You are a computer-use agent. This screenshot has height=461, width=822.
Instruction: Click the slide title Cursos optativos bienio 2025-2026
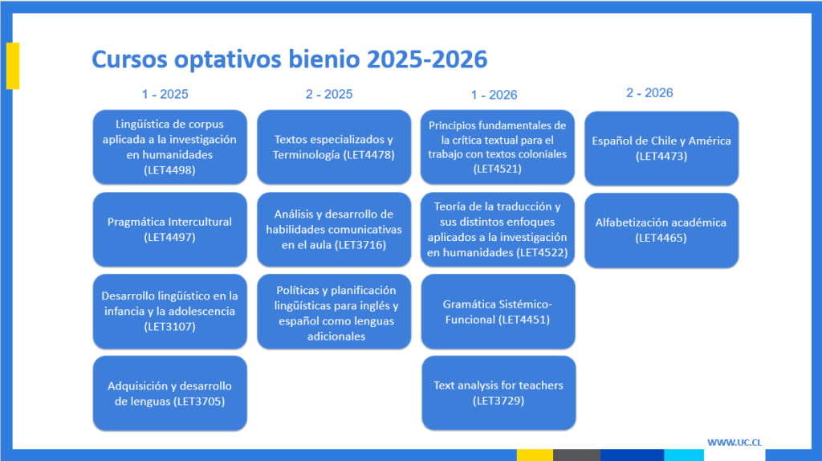289,59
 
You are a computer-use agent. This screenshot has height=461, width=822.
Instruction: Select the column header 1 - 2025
165,95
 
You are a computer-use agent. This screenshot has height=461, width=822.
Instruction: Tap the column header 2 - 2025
329,95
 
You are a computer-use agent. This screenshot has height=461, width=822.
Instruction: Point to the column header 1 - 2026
494,95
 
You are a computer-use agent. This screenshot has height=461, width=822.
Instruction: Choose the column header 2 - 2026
649,93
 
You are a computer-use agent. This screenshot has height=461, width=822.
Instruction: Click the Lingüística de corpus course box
170,147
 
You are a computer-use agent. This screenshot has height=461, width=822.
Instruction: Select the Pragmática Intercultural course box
170,229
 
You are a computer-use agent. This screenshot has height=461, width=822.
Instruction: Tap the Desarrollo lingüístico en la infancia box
170,311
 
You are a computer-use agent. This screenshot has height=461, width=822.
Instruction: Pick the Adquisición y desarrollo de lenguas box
170,394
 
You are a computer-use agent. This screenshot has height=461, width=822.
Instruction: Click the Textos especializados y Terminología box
334,147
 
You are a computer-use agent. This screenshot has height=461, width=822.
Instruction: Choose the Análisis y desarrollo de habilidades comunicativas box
334,229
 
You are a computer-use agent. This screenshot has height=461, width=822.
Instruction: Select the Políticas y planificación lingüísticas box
334,311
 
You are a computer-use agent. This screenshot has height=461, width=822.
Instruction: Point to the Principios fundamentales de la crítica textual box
498,147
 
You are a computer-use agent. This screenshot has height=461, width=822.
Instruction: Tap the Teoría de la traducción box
498,229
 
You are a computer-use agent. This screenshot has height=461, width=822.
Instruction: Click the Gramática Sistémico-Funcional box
498,311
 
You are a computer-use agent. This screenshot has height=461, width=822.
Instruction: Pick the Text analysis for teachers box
498,393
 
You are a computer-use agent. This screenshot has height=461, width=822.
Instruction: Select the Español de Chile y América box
661,149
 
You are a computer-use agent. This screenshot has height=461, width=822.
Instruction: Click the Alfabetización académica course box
661,230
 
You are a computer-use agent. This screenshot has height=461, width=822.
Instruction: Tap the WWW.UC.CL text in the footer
734,443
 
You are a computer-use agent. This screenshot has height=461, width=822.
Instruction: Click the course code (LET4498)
169,170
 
